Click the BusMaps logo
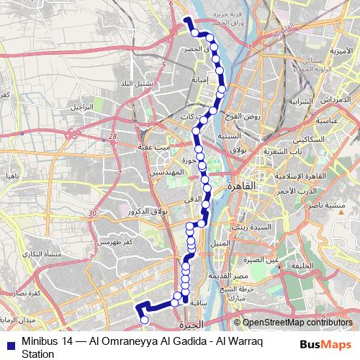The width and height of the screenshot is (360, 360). [328, 343]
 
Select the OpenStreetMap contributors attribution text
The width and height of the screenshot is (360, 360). [297, 323]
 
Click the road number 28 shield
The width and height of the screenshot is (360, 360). [112, 136]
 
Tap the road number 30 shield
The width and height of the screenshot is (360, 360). [91, 214]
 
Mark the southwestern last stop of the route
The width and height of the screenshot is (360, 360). [144, 319]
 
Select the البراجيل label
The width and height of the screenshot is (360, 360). [81, 106]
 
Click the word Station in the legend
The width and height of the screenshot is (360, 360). [37, 354]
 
